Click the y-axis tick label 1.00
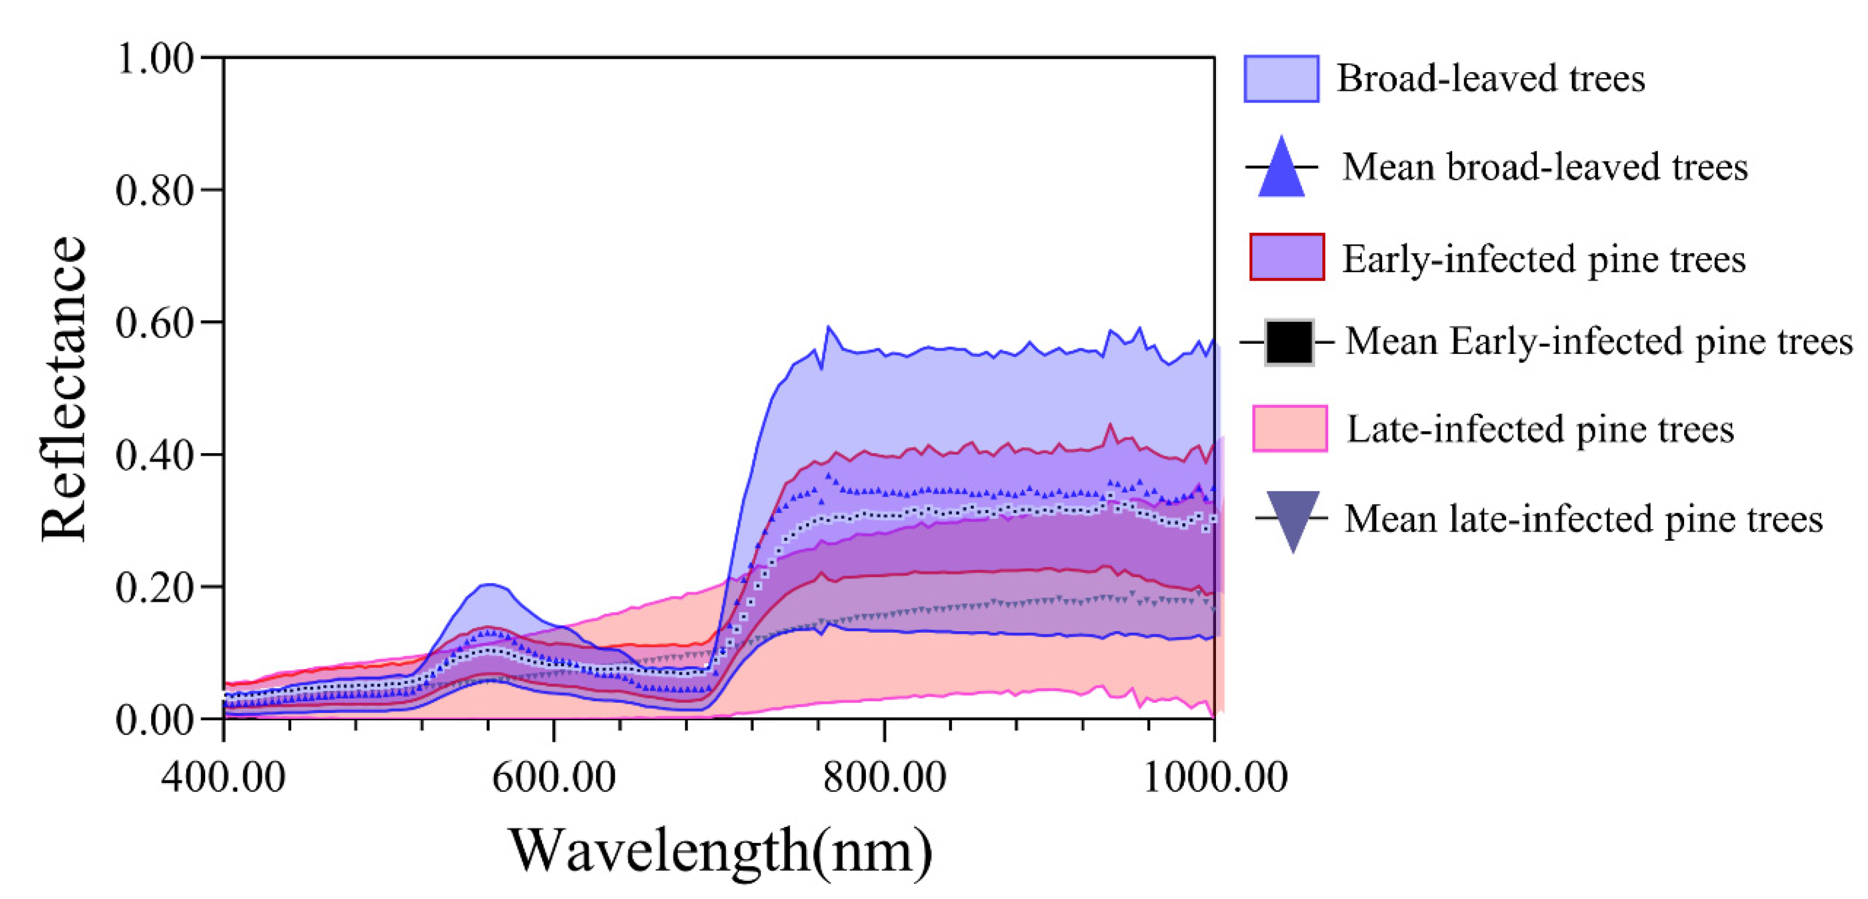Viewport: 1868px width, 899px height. pos(154,58)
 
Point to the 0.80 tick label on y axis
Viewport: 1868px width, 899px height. pos(154,191)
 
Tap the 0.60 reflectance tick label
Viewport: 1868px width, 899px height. pos(154,323)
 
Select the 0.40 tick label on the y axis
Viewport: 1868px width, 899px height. pos(154,455)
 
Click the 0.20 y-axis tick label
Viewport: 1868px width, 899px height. pos(154,587)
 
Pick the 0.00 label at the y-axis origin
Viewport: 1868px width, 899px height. pos(154,720)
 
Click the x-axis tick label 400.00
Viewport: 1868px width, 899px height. pos(223,777)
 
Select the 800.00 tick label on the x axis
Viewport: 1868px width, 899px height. pos(884,777)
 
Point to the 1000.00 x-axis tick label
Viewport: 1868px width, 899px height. pos(1215,777)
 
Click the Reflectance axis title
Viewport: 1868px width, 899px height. pos(64,389)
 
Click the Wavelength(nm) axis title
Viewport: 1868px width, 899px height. pos(720,850)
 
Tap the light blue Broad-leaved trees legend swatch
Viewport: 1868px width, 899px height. pos(1281,78)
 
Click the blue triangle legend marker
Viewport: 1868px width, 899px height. pos(1281,169)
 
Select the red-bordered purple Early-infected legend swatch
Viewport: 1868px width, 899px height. pos(1286,257)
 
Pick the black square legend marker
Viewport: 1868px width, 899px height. pos(1289,342)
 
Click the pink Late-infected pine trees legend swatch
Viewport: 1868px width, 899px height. pos(1289,429)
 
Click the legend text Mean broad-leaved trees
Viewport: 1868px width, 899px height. pos(1545,167)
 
